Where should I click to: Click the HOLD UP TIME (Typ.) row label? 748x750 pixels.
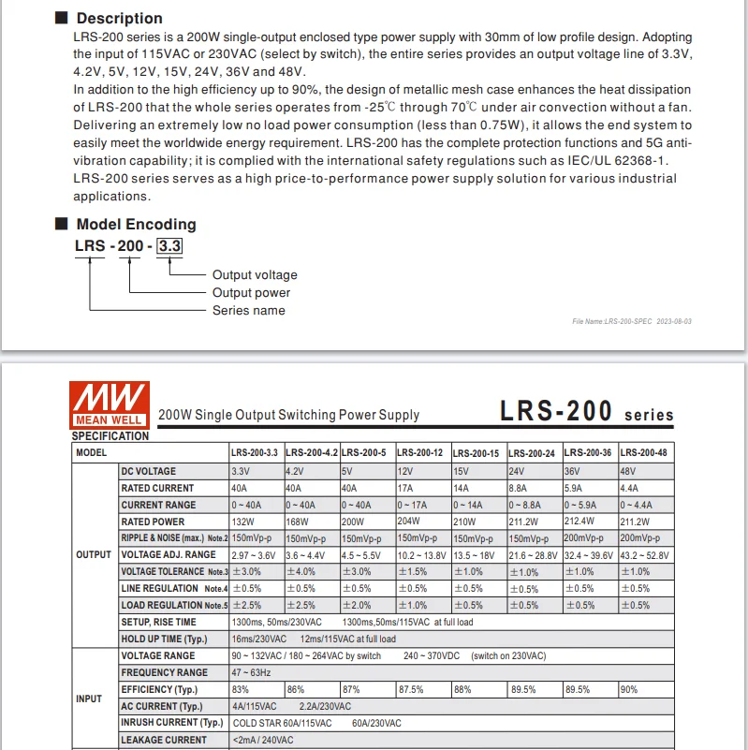164,639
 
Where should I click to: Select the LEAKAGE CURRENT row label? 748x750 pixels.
164,740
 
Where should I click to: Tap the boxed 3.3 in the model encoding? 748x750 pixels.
169,246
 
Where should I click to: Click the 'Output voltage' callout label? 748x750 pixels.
255,275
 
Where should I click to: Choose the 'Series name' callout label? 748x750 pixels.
249,310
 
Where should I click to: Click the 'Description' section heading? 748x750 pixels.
119,18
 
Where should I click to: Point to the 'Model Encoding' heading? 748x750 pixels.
136,224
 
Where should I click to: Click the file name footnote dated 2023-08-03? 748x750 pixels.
632,321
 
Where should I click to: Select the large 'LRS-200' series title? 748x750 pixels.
556,412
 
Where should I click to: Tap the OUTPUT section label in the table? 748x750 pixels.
94,554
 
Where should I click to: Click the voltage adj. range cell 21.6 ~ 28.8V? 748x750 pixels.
533,555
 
